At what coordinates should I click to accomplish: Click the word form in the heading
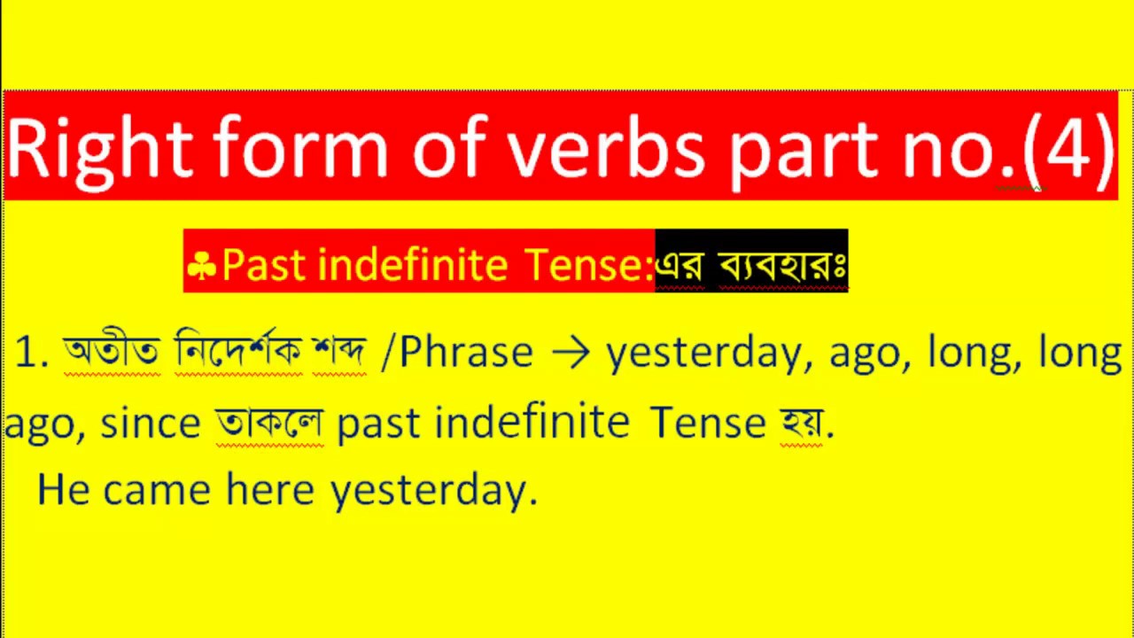pos(301,147)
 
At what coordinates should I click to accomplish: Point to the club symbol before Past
pos(202,265)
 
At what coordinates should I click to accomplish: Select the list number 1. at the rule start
pos(33,354)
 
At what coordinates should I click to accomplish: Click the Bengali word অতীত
pos(112,353)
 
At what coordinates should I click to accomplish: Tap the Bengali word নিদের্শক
pos(238,353)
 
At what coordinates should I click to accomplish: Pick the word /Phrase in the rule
pos(456,353)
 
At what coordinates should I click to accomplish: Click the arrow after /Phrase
pos(570,354)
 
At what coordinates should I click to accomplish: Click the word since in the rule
pos(151,423)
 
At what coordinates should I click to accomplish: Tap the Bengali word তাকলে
pos(269,423)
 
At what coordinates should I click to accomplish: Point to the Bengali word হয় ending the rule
pos(802,423)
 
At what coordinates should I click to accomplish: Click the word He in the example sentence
pos(63,489)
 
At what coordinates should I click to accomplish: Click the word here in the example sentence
pos(270,489)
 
